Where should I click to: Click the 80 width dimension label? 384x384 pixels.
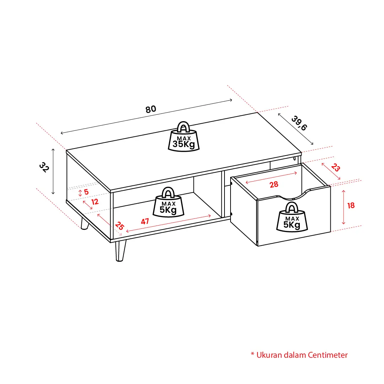(x=151, y=109)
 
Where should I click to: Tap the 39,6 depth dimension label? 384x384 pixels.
(x=299, y=123)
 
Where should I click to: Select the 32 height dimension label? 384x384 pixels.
(x=44, y=167)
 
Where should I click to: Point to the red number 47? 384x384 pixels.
(x=145, y=221)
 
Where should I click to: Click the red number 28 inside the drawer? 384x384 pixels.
(x=274, y=184)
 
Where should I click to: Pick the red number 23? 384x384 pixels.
(x=335, y=168)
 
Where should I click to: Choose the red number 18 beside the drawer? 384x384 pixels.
(x=351, y=205)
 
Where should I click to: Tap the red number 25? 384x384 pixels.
(x=119, y=226)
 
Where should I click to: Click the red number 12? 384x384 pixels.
(x=95, y=202)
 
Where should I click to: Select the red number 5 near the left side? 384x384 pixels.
(x=86, y=192)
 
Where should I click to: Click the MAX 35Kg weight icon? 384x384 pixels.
(x=184, y=137)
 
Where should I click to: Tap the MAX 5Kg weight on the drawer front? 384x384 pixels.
(x=292, y=217)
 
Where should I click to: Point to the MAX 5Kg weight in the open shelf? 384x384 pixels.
(x=168, y=202)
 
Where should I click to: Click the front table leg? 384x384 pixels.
(x=120, y=251)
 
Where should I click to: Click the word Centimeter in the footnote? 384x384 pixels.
(x=328, y=355)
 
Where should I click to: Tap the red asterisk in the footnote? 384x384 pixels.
(x=253, y=354)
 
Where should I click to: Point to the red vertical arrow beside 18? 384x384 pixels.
(x=344, y=207)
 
